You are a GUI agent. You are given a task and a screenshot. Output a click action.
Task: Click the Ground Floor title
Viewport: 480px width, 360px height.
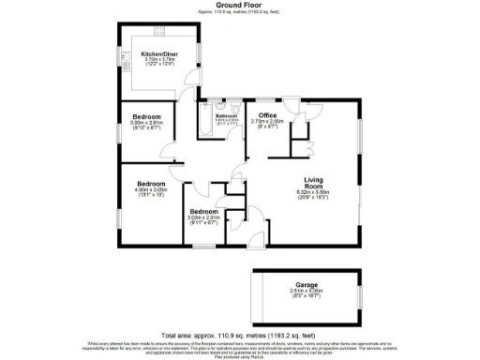point(239,5)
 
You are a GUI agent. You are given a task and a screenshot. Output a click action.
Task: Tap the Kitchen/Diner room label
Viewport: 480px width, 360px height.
point(157,54)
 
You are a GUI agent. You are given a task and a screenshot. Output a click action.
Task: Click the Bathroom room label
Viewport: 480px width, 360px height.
point(226,115)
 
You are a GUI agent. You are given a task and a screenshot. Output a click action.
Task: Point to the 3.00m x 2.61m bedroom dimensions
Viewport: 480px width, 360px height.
point(146,124)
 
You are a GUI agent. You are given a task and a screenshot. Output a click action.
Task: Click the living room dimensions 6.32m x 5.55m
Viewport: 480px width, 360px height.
point(312,196)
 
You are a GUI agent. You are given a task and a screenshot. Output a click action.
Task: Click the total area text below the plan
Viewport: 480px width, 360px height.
point(239,335)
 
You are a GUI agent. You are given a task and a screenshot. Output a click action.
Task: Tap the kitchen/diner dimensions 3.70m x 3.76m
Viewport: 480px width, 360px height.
point(157,62)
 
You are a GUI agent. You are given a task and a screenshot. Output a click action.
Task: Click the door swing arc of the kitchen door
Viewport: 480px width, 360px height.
point(192,79)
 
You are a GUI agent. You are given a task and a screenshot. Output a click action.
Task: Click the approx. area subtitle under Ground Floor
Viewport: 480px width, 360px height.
point(239,11)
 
